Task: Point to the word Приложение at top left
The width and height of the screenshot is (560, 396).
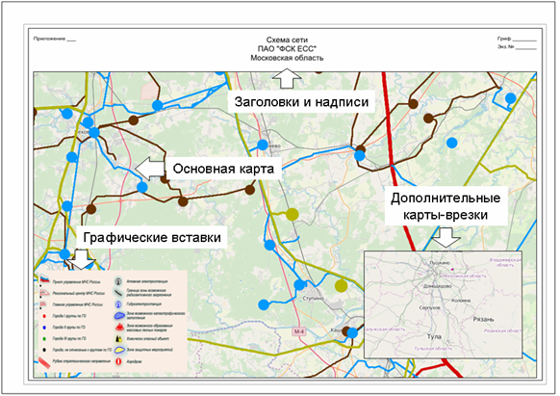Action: [50, 39]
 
